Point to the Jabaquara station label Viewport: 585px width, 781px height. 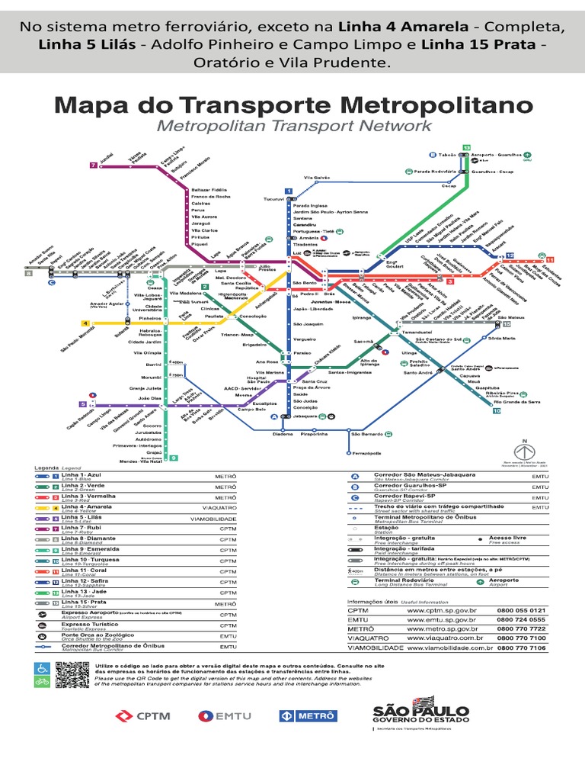coord(304,416)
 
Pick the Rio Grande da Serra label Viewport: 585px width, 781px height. coord(517,401)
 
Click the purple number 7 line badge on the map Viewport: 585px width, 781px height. coord(93,165)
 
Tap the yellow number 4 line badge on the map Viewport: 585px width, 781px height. coord(86,323)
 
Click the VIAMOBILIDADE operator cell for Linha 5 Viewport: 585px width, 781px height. coord(213,518)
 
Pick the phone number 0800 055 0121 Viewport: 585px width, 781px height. coord(521,610)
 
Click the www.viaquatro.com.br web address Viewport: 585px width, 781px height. coord(446,638)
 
